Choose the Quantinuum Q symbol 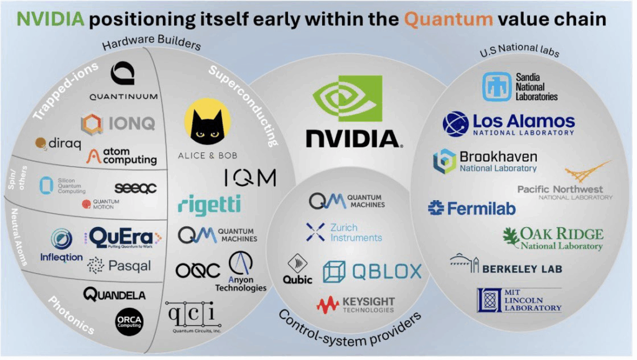point(122,73)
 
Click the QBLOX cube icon point(334,271)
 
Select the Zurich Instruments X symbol point(315,233)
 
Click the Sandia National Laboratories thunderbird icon point(496,86)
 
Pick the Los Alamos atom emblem point(455,124)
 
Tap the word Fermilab point(480,209)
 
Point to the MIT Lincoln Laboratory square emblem point(489,300)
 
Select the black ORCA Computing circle point(129,323)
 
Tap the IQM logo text point(249,178)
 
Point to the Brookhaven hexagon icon point(444,160)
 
